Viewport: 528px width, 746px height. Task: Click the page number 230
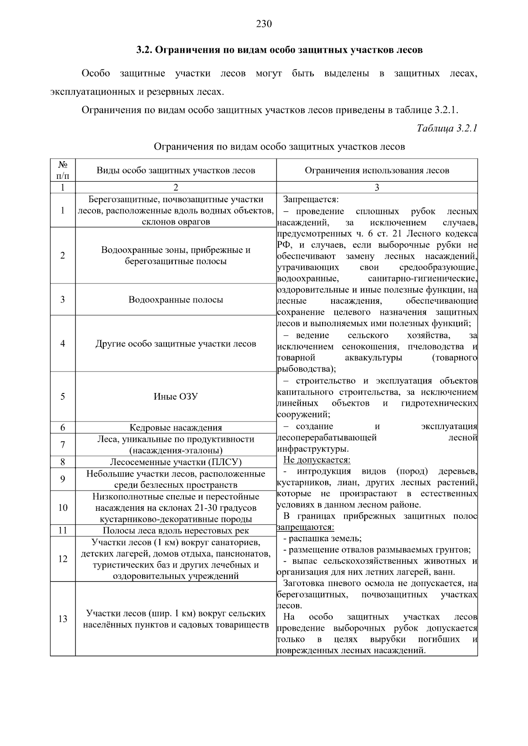(x=264, y=24)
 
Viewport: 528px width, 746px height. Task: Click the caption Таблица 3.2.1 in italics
(x=447, y=128)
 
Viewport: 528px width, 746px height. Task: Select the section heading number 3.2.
(x=143, y=50)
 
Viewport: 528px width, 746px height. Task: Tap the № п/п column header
(x=62, y=170)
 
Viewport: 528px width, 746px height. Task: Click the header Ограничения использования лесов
(x=377, y=170)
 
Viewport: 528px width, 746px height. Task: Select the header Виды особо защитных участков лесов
(x=176, y=170)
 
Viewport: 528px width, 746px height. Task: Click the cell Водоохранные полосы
(x=176, y=299)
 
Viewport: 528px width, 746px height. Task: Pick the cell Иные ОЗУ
(x=176, y=396)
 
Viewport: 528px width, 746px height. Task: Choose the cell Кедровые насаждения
(x=176, y=427)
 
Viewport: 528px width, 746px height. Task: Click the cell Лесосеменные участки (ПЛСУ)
(x=176, y=462)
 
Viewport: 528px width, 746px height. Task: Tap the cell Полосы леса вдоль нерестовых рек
(x=176, y=530)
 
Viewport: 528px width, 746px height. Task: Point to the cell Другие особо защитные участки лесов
(x=176, y=343)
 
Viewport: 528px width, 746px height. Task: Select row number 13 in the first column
(x=62, y=619)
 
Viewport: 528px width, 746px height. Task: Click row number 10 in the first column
(x=62, y=507)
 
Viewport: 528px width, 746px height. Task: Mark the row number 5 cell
(x=62, y=396)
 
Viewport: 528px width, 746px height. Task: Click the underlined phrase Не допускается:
(x=317, y=460)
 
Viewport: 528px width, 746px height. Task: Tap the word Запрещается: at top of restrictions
(x=311, y=199)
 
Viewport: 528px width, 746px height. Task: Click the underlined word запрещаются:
(x=305, y=527)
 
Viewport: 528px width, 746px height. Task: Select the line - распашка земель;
(x=323, y=539)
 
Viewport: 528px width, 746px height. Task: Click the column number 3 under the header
(x=377, y=187)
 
